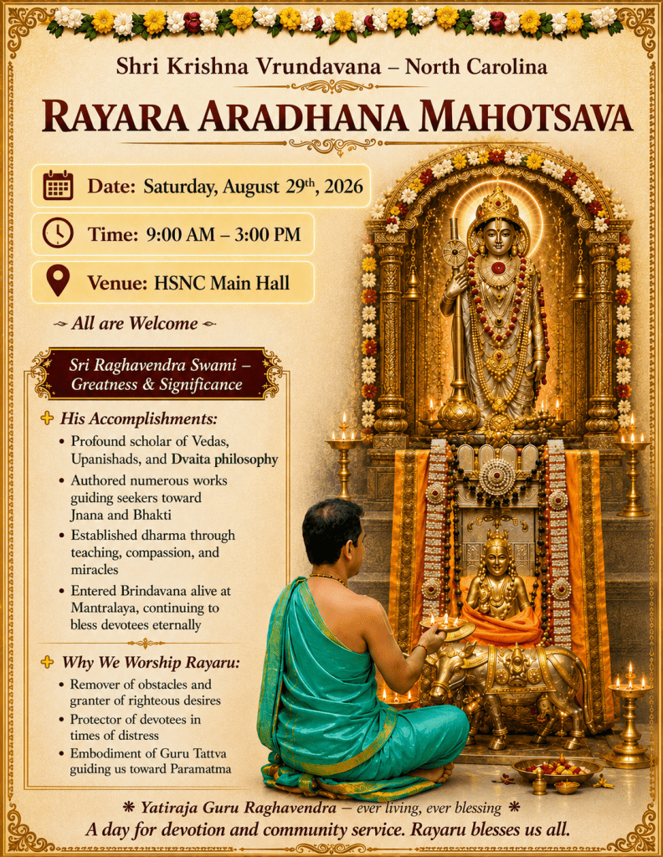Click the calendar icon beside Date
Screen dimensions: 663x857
[x=58, y=185]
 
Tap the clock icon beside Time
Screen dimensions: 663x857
[x=58, y=233]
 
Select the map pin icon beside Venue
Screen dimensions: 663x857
[x=58, y=280]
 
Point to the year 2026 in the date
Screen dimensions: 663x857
[x=343, y=187]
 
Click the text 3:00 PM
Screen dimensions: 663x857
[x=268, y=234]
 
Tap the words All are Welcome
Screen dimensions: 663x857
[x=135, y=324]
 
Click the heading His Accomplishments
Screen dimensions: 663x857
[x=138, y=418]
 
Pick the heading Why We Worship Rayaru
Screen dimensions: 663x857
[x=151, y=663]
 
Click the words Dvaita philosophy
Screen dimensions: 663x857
[x=224, y=459]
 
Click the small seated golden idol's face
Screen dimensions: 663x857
[x=497, y=562]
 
